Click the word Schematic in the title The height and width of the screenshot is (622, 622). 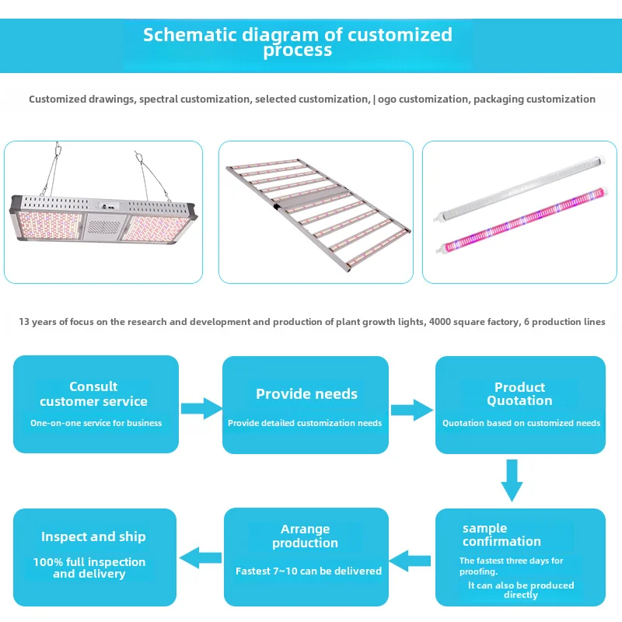coord(190,35)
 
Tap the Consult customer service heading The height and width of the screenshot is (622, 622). coord(93,394)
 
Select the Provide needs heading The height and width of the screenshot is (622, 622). coord(306,394)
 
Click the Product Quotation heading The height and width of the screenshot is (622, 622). coord(519,394)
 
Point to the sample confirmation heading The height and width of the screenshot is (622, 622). coord(501,535)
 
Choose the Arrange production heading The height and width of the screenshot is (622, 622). coord(305,536)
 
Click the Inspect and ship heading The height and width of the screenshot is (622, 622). coord(93,536)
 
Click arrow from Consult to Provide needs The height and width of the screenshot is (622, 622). coord(201,408)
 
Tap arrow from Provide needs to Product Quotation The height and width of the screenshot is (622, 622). coord(412,410)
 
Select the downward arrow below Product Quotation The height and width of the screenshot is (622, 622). coord(512,480)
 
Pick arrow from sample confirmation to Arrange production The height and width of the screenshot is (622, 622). coord(410,561)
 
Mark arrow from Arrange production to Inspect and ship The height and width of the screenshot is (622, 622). coord(201,558)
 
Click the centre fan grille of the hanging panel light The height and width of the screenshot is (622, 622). coord(104,227)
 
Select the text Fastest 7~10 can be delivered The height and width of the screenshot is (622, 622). coord(309,571)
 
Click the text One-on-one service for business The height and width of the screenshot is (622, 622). coord(96,423)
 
